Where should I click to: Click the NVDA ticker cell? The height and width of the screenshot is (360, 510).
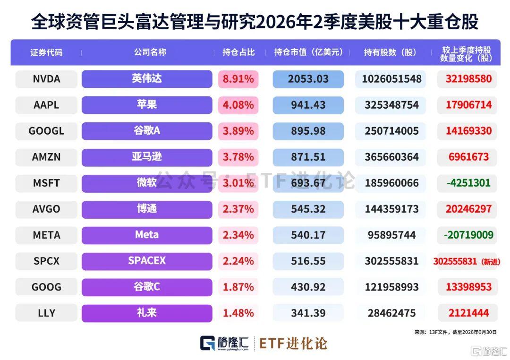46,79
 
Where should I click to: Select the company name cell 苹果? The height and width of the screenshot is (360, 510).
147,105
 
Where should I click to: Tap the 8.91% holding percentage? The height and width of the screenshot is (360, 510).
238,79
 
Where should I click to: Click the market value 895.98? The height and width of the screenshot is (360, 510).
308,131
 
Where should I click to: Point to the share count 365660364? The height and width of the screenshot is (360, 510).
391,157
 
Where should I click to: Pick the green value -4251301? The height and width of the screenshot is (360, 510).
468,183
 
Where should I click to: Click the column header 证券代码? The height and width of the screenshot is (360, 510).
46,52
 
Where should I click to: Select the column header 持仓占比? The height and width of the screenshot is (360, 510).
238,52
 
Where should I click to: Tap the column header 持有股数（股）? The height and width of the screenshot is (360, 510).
390,52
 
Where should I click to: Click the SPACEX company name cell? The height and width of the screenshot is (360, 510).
147,261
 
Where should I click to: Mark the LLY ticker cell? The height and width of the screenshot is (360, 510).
46,313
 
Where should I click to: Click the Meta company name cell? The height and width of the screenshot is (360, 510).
147,235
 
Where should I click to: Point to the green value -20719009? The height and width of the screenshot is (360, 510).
468,235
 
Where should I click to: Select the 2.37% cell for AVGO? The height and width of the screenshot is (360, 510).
238,209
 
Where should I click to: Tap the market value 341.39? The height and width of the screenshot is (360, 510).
308,313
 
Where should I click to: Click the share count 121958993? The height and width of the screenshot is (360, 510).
391,287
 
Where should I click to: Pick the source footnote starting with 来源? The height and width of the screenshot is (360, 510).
456,332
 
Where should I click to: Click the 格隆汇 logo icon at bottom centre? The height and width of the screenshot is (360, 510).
207,343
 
